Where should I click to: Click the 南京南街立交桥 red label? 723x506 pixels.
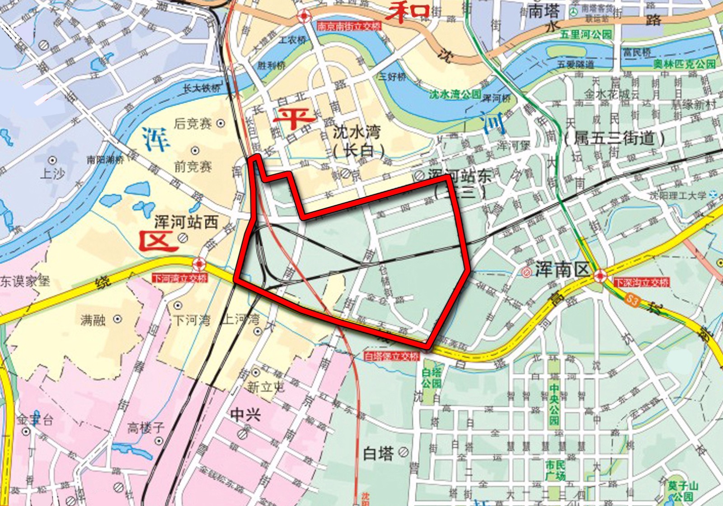[349, 27]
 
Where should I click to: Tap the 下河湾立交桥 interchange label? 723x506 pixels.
[180, 278]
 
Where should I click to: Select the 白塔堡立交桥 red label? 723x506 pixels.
[392, 357]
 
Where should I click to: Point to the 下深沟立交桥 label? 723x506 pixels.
[641, 283]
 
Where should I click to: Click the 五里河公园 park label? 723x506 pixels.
[586, 35]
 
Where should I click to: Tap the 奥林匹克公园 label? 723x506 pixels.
[685, 64]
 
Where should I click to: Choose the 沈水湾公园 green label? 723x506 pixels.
[455, 94]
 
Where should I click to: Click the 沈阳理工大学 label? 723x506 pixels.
[678, 195]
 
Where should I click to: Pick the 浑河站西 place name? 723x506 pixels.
[186, 222]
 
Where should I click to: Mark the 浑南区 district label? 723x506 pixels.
[563, 270]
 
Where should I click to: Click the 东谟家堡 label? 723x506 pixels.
[25, 281]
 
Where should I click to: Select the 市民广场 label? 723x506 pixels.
[555, 470]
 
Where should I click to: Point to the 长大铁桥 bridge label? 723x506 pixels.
[202, 88]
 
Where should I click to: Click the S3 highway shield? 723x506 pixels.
[633, 300]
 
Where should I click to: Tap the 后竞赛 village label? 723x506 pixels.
[193, 123]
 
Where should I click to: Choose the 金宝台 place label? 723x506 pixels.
[35, 420]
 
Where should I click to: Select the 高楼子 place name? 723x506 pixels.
[146, 427]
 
